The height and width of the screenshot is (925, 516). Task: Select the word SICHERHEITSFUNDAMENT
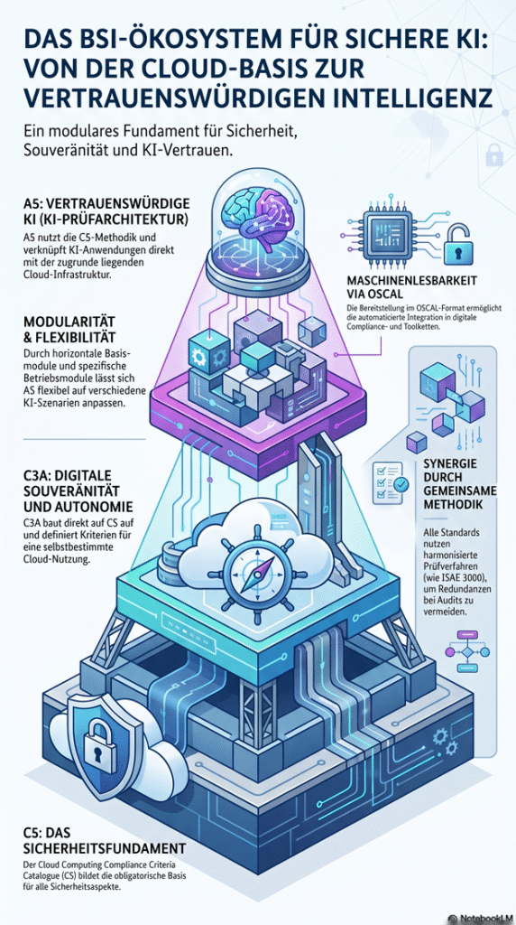pos(105,849)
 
